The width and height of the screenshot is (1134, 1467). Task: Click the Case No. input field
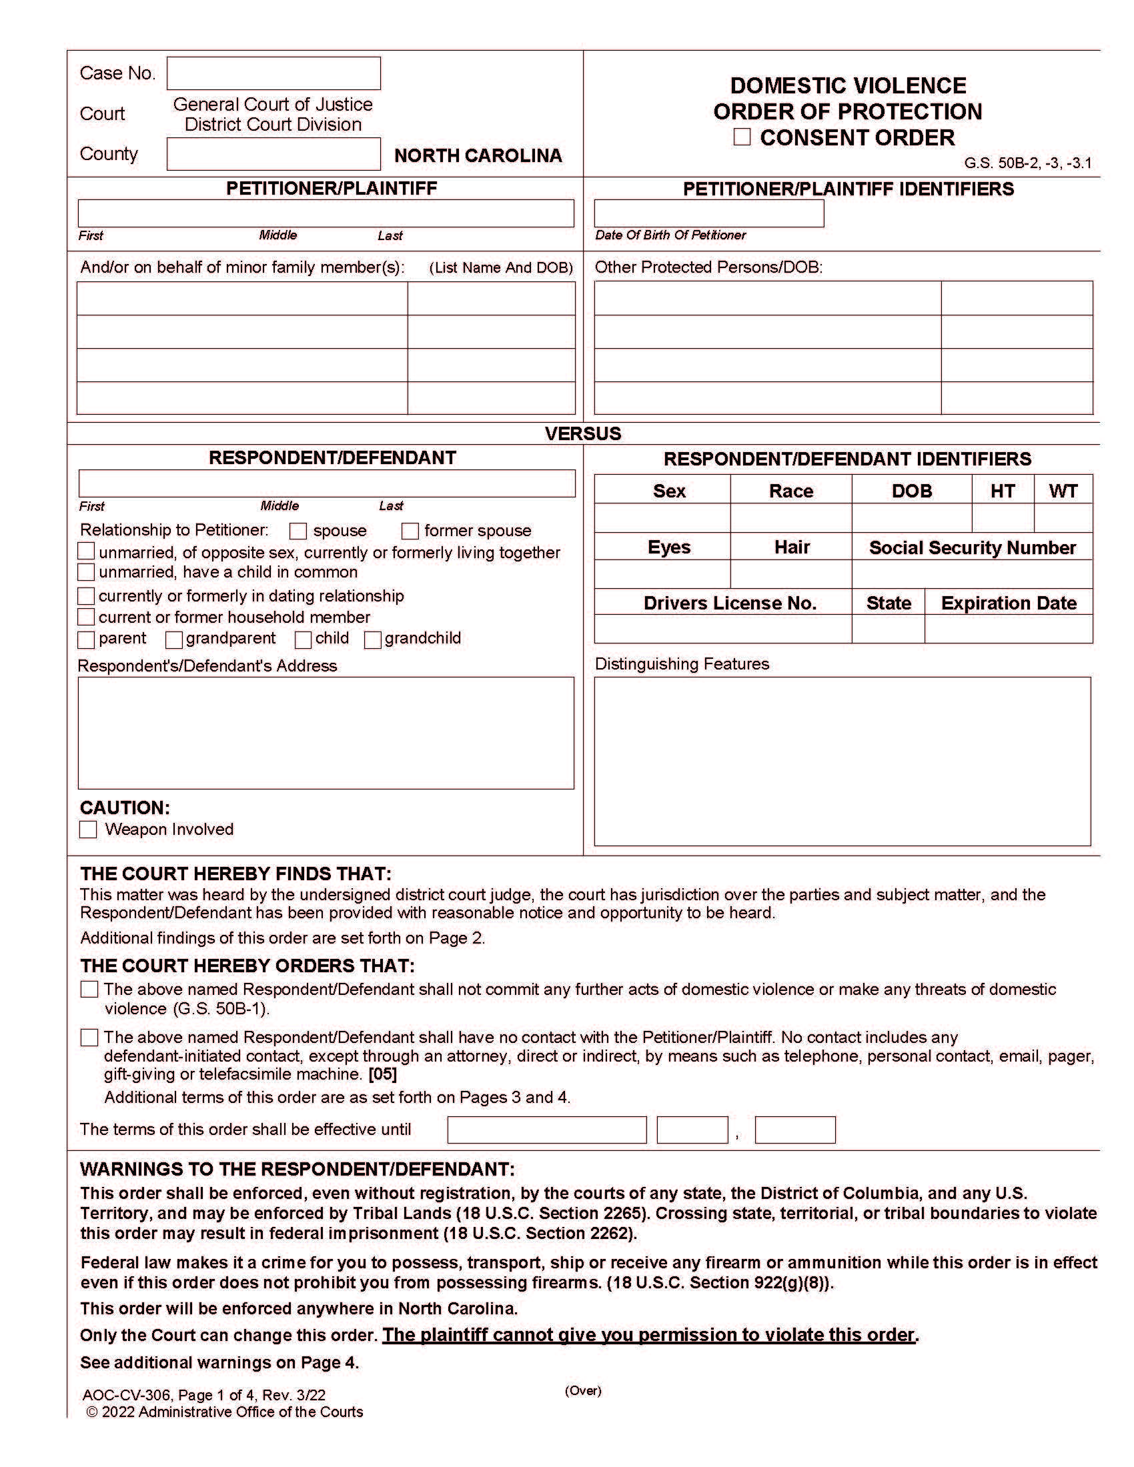273,73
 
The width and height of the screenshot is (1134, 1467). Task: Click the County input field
273,154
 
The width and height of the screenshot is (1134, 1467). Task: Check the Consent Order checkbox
742,137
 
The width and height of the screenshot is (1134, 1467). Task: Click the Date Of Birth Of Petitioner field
708,213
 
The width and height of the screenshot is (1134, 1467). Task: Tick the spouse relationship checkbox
298,531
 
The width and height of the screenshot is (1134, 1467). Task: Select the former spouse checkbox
410,531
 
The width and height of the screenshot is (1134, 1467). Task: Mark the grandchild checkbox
373,639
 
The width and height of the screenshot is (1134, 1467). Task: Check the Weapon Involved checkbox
88,829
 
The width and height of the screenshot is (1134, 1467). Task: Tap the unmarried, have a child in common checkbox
86,572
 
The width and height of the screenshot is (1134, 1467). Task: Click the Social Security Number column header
972,547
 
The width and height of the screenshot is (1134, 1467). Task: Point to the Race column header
790,490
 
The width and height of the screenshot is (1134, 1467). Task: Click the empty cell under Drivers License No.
723,629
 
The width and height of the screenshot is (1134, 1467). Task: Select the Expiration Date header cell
1009,603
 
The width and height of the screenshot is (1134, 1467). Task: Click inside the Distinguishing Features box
842,760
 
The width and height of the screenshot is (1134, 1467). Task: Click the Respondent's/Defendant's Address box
326,732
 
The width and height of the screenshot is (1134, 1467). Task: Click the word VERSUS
582,433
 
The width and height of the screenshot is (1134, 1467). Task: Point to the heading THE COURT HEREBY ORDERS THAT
247,966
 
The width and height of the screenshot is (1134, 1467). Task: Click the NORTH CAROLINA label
478,155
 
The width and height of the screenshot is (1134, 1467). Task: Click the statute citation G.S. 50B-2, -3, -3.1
1027,163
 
